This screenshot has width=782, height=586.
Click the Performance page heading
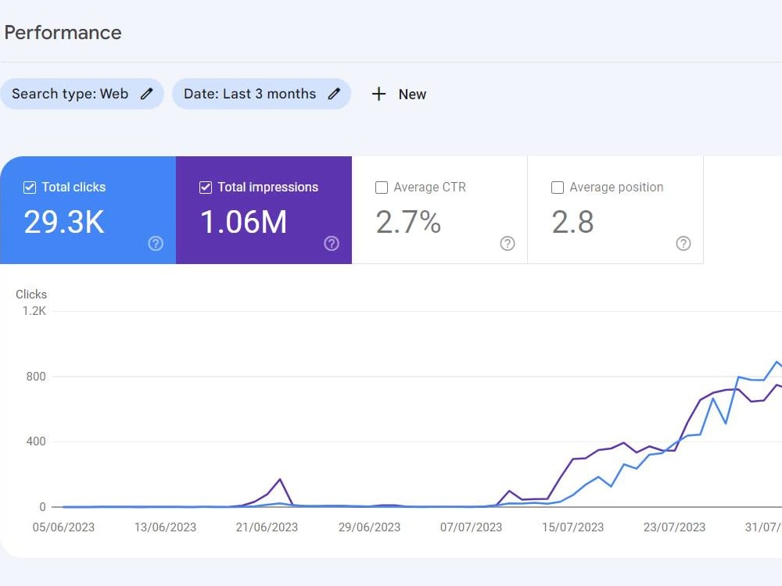pos(63,33)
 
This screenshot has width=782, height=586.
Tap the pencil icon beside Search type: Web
pos(147,94)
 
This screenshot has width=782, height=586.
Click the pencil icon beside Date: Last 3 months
pos(334,94)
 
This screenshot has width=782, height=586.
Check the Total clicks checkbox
pos(30,188)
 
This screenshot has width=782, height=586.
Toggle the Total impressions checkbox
pos(206,188)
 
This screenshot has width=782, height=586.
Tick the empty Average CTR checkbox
pos(382,188)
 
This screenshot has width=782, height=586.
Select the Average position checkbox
pos(558,188)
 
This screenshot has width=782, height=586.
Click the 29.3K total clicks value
pos(64,222)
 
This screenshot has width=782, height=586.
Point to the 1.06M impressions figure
pos(243,222)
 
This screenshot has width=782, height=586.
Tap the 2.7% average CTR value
pos(408,222)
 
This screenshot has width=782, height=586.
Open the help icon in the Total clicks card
pos(156,244)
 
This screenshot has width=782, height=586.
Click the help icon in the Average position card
pos(683,244)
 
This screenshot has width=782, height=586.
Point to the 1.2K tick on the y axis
pos(34,311)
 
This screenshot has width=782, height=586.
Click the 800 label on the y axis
pos(36,377)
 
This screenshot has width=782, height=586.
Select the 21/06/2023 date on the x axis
pos(267,527)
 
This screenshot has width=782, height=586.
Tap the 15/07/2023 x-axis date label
pos(573,527)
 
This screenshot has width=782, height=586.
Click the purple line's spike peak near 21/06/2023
pos(280,480)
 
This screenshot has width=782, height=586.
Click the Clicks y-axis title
pos(31,295)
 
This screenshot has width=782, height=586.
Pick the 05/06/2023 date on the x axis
pos(63,527)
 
